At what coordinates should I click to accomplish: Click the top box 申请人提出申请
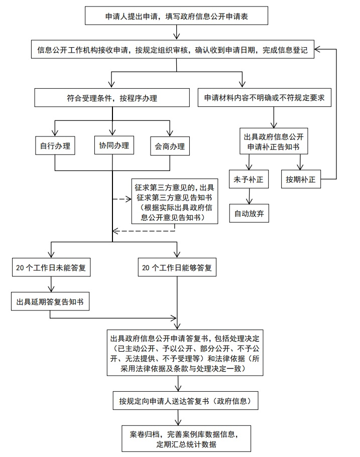coord(177,17)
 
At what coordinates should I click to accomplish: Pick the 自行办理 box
coord(55,146)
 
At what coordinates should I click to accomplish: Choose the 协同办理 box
coord(114,146)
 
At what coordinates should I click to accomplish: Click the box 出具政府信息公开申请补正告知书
coord(273,142)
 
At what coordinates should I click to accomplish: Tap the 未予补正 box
coord(249,179)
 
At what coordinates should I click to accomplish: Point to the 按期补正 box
coord(301,180)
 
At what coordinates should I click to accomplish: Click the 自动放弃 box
coord(249,213)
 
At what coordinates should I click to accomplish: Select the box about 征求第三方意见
coord(175,201)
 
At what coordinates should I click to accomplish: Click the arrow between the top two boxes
coord(177,33)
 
